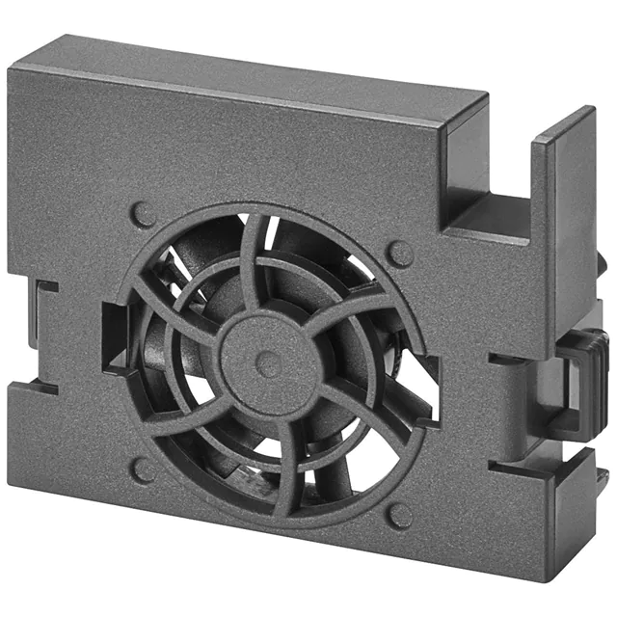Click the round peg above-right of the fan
[399, 253]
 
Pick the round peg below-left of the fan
[144, 470]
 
